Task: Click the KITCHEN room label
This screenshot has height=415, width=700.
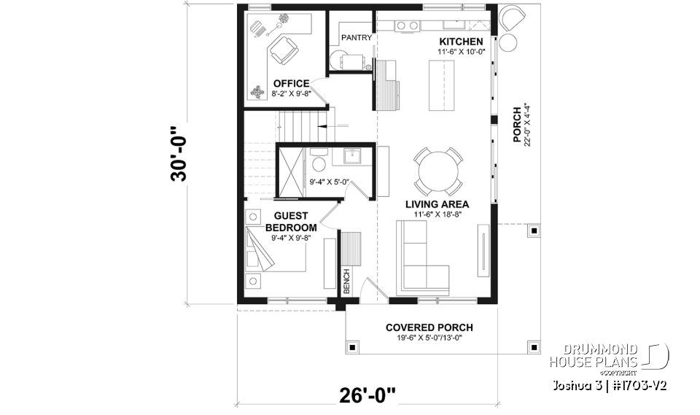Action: click(461, 41)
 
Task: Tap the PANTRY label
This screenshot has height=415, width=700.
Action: click(357, 37)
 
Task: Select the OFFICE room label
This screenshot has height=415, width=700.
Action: click(291, 83)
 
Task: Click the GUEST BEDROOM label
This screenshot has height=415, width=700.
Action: click(291, 222)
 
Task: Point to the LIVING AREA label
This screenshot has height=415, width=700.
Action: click(437, 204)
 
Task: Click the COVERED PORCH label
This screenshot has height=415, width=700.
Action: click(429, 327)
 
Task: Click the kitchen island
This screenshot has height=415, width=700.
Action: click(441, 85)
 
